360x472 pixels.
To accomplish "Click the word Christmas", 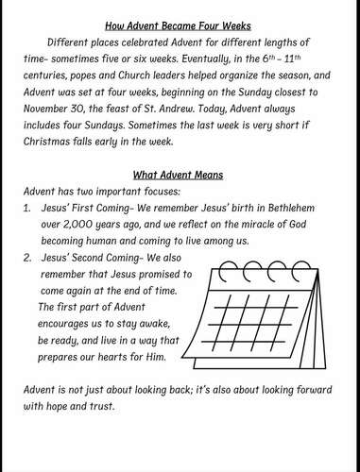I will pos(60,150).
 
